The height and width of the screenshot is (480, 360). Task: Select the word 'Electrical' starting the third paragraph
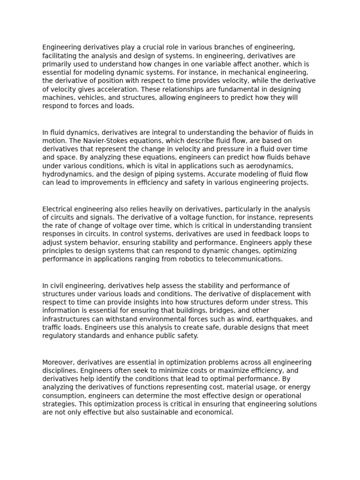coord(59,209)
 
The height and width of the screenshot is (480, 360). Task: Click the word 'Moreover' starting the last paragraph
coord(58,362)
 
